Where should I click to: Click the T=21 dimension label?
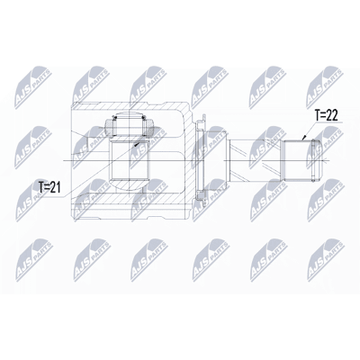(x=49, y=187)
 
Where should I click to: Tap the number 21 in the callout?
(x=56, y=187)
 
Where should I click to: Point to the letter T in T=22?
(x=317, y=115)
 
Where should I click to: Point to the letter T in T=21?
(x=41, y=187)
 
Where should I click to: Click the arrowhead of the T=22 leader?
(x=303, y=139)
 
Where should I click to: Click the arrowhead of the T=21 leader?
(x=137, y=144)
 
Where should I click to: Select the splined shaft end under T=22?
(x=298, y=160)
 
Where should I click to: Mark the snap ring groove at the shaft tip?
(x=314, y=160)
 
